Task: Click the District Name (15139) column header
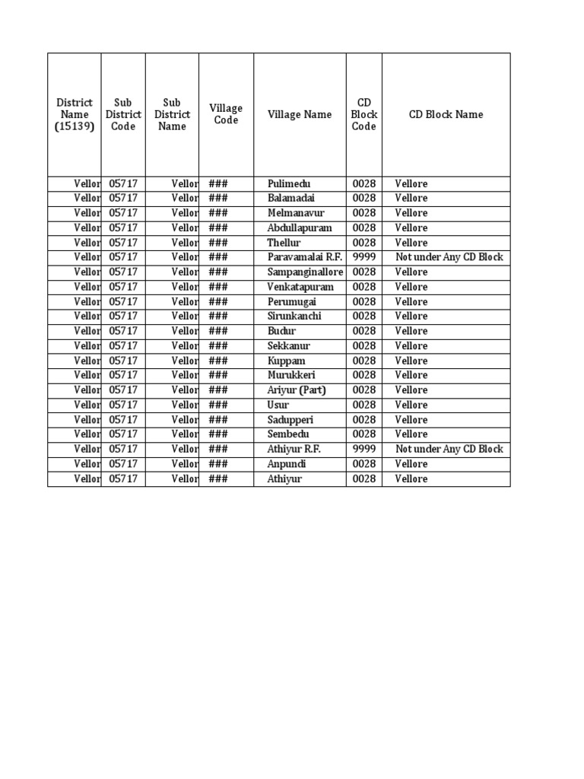point(75,115)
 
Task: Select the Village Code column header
point(226,115)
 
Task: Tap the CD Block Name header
point(446,115)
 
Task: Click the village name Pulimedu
point(289,184)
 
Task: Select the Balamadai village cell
point(290,199)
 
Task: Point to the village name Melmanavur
point(294,213)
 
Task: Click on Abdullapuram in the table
point(300,228)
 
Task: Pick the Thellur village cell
point(284,243)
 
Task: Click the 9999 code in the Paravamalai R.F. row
point(363,257)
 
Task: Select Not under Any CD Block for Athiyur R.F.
point(449,449)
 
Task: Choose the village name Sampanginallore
point(305,272)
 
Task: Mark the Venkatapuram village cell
point(300,287)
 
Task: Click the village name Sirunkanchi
point(294,316)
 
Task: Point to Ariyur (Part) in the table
point(297,390)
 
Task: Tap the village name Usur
point(278,405)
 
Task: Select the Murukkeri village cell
point(291,375)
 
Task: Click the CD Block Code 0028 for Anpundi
point(363,464)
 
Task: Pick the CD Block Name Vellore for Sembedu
point(411,434)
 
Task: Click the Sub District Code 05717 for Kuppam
point(123,361)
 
